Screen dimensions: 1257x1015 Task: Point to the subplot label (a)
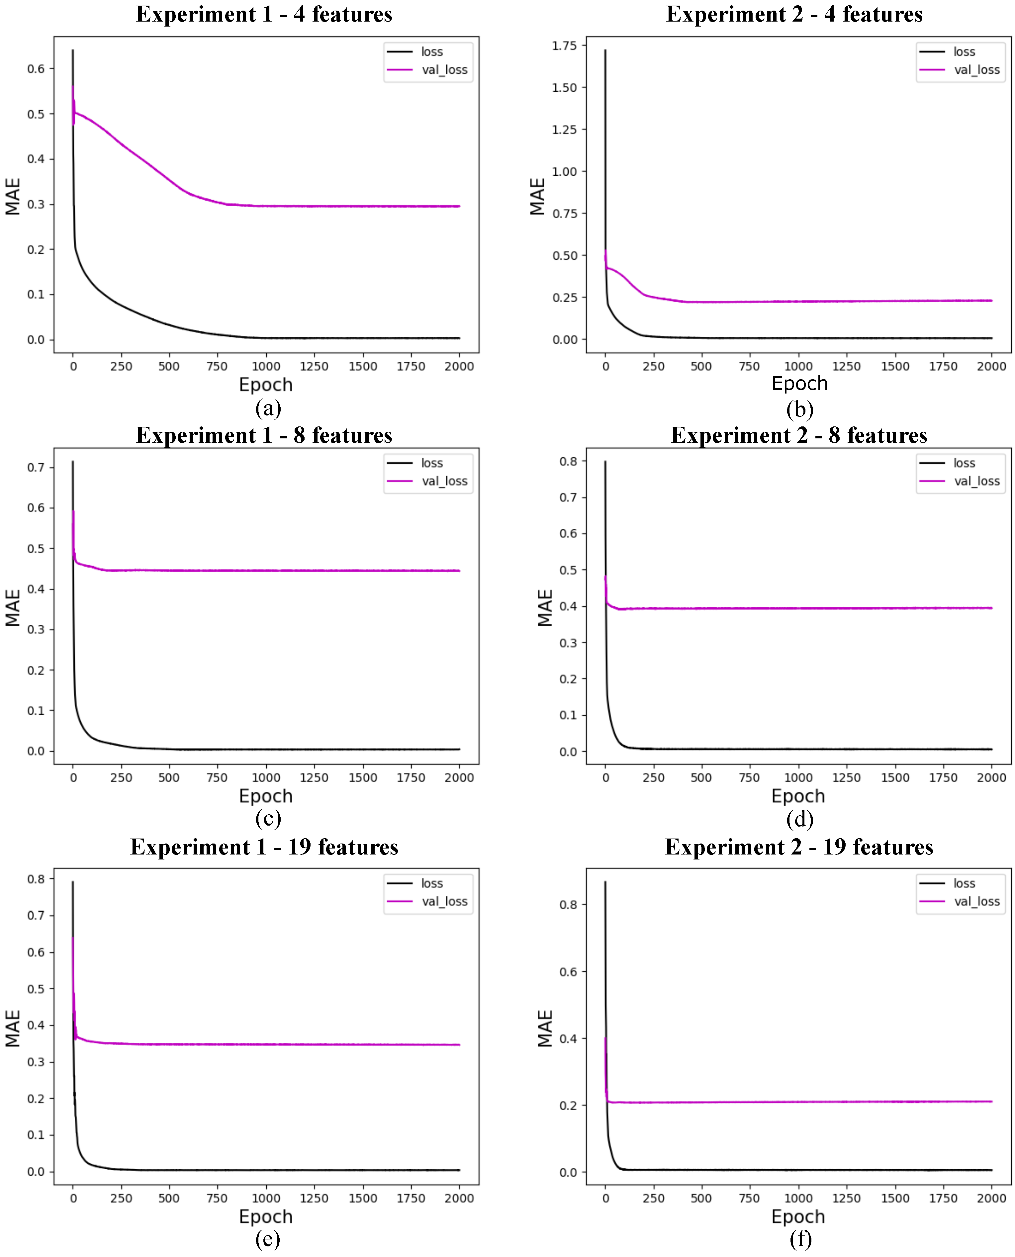pos(268,407)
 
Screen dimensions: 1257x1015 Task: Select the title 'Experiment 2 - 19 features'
pos(799,847)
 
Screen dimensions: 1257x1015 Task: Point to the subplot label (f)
pos(800,1238)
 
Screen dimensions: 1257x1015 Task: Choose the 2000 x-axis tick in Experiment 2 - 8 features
pos(991,777)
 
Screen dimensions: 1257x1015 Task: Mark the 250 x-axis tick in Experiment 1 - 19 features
pos(121,1198)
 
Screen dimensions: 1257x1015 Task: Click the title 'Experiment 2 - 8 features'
pos(799,436)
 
